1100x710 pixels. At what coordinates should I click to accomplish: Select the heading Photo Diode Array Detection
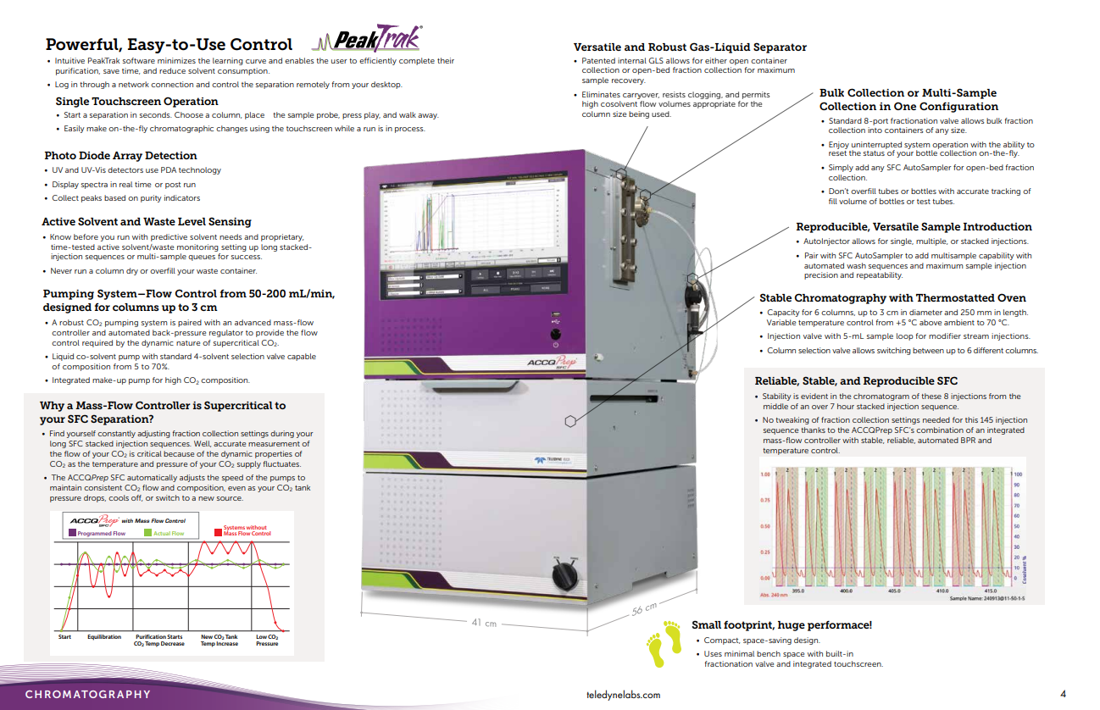click(x=120, y=156)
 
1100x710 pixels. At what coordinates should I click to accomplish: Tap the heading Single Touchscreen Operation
click(x=136, y=102)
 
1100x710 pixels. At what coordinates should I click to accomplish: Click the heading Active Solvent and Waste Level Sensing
click(x=146, y=222)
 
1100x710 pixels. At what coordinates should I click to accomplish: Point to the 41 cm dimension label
click(x=484, y=623)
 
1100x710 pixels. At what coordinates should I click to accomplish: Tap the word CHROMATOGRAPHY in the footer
click(x=88, y=695)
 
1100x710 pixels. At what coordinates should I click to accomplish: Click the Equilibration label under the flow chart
click(x=104, y=637)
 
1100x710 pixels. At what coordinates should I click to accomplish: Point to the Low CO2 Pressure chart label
click(x=267, y=641)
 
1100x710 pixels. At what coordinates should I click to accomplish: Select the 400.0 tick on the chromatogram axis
click(x=846, y=590)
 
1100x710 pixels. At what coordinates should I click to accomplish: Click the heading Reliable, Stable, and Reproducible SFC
click(x=856, y=381)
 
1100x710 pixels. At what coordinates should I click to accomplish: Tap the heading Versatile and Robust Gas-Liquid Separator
click(x=690, y=47)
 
